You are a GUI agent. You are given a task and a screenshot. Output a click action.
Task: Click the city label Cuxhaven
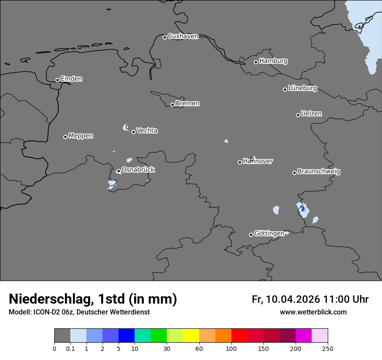coord(183,36)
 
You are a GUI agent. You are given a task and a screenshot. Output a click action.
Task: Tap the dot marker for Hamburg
coord(256,62)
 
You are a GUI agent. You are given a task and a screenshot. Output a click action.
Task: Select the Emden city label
coord(71,79)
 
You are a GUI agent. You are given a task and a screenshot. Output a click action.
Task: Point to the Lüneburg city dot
coord(285,89)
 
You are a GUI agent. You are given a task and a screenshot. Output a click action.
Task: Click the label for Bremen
coord(188,104)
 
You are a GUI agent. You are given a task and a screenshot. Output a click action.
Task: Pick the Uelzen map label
coord(311,114)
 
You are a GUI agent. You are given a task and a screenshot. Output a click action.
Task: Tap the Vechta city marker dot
coord(133,132)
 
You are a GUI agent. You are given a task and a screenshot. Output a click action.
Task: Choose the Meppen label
coord(81,136)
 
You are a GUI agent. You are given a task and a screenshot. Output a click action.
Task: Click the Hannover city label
coord(258,161)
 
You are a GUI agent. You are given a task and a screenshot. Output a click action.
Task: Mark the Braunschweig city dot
coord(294,173)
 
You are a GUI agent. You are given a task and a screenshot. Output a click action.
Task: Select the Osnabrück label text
coord(138,170)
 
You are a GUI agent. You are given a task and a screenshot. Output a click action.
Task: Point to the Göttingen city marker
coord(251,235)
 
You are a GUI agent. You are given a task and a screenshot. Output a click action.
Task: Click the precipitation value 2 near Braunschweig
coord(303,209)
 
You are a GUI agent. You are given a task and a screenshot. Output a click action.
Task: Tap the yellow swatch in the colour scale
coord(191,336)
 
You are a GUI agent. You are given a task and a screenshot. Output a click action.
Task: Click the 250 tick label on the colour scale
coord(328,348)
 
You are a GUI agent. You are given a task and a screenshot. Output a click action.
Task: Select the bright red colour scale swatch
coord(239,336)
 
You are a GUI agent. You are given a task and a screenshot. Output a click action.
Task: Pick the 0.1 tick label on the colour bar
coord(70,348)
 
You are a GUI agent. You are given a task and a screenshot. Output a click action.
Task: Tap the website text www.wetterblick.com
coord(313,312)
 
